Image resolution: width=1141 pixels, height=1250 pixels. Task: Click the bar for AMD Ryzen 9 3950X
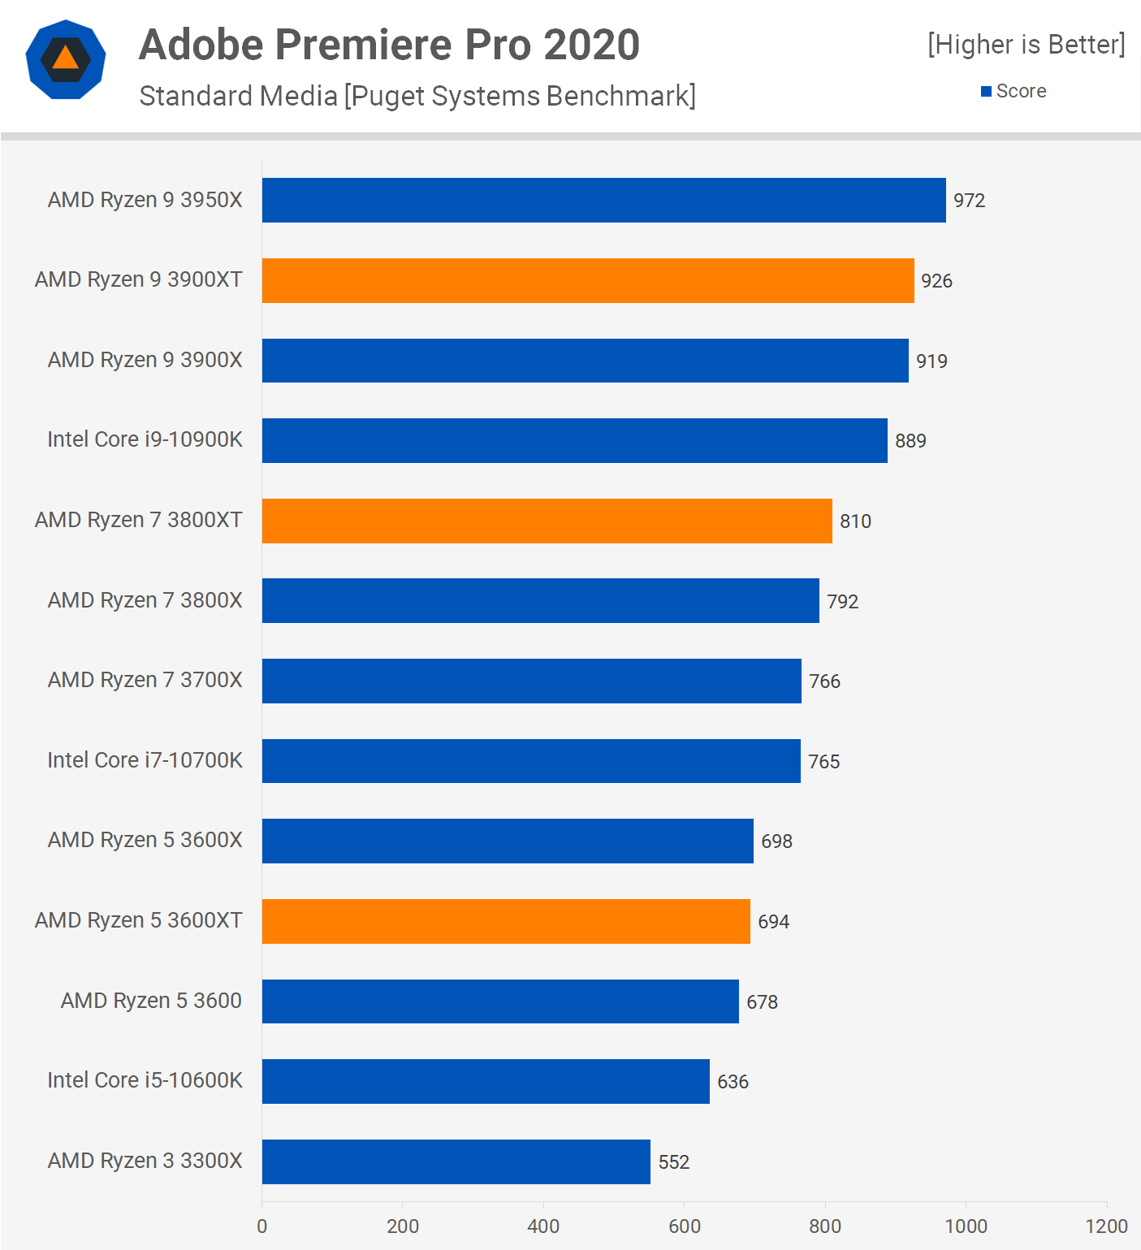tap(603, 200)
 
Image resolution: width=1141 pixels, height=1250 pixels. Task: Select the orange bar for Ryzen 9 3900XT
tap(588, 280)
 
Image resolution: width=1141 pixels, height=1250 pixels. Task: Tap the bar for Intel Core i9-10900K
tap(574, 440)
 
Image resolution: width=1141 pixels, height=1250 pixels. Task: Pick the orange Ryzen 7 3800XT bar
tap(547, 521)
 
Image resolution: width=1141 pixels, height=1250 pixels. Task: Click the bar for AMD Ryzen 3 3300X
tap(456, 1161)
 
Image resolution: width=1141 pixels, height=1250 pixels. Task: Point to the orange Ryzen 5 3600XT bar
tap(506, 921)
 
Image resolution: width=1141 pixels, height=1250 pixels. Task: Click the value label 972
tap(969, 201)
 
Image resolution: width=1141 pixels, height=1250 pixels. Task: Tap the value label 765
tap(823, 762)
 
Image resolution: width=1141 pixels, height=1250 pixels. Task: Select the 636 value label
tap(733, 1082)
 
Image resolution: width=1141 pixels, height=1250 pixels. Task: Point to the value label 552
tap(673, 1162)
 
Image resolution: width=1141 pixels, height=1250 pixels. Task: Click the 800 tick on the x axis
tap(825, 1226)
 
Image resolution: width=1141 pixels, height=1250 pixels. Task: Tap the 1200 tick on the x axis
tap(1106, 1226)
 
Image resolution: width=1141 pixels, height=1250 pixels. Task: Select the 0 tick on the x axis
tap(261, 1226)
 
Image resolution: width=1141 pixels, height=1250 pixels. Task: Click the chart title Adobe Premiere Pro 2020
tap(389, 45)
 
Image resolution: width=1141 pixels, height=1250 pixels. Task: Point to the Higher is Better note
tap(1026, 45)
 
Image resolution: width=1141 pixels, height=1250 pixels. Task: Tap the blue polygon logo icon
tap(66, 59)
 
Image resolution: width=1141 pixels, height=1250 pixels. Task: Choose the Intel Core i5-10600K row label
tap(145, 1080)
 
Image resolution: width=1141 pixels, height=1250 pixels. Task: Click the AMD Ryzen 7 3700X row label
tap(145, 680)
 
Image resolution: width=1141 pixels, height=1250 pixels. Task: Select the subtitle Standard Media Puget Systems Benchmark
tap(417, 96)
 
